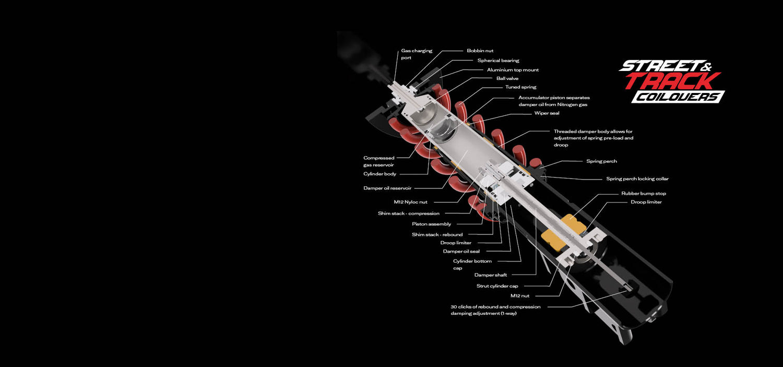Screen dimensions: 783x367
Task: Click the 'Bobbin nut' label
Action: click(480, 51)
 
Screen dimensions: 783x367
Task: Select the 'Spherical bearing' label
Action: click(498, 61)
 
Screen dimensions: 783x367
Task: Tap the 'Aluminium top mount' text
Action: click(513, 70)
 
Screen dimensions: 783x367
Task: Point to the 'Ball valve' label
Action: click(507, 78)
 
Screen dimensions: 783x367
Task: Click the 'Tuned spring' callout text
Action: click(520, 87)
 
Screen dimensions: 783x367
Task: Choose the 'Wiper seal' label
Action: click(547, 113)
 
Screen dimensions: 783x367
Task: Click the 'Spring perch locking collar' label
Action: click(637, 179)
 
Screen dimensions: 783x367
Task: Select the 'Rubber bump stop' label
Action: click(644, 193)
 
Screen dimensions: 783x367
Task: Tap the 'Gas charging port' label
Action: click(417, 54)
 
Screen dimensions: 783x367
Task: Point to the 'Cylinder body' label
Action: click(379, 174)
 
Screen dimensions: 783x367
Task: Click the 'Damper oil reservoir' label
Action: click(387, 188)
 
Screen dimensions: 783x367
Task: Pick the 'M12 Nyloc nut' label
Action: click(410, 202)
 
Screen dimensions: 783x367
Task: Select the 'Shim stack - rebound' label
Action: click(437, 234)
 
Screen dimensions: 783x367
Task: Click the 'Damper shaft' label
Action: click(491, 275)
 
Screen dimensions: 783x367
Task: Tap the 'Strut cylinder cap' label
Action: click(497, 286)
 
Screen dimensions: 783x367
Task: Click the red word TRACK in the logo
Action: click(672, 81)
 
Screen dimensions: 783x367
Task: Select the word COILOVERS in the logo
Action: click(678, 97)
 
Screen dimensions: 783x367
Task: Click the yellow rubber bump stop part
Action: click(563, 233)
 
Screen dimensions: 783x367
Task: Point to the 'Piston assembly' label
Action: click(431, 224)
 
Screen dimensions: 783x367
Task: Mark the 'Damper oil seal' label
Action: click(461, 251)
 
